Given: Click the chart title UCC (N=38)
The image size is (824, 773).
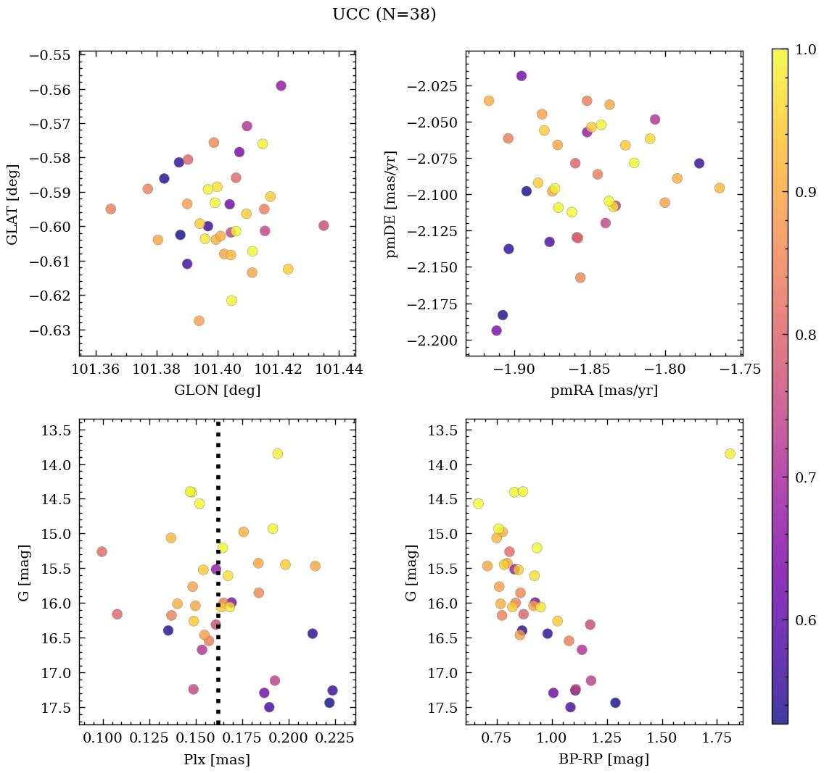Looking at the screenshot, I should point(384,14).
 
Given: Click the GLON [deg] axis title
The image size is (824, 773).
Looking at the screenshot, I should point(217,390).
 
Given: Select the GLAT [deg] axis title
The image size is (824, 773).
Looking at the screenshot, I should point(13,204).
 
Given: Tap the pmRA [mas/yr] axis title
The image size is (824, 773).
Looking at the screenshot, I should point(604,390).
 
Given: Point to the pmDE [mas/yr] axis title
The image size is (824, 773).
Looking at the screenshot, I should point(392,204).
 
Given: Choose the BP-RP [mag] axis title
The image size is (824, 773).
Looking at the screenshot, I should point(604,759).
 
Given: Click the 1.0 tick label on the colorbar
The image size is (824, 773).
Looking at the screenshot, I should point(806,49).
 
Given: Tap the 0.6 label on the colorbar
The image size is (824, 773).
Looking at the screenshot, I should point(806,620).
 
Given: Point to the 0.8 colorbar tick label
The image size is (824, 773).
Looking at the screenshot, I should point(806,335).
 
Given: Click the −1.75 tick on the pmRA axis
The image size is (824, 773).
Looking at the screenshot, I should point(741,369).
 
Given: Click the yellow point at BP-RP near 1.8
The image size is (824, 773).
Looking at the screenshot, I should point(730,454).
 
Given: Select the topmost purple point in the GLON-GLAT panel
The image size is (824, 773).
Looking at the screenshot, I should point(281,85).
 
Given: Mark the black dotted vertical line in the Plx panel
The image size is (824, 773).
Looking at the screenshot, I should point(218,572).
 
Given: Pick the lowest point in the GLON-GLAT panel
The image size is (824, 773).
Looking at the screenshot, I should point(199,320).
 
